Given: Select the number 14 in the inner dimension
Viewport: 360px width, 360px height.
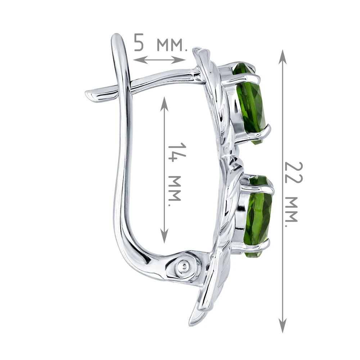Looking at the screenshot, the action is coord(177,152).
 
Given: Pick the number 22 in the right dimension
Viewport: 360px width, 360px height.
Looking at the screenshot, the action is coord(293,173).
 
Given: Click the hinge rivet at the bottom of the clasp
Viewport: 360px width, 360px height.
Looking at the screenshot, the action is coord(184,266).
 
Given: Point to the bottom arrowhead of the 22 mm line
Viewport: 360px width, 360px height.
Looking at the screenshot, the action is coord(282,325).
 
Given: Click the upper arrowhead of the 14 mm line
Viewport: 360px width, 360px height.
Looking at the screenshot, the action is coord(164,103).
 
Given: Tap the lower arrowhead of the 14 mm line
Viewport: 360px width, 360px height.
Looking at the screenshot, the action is coord(164,236).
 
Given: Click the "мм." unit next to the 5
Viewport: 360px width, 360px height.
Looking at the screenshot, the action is coord(172,45).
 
